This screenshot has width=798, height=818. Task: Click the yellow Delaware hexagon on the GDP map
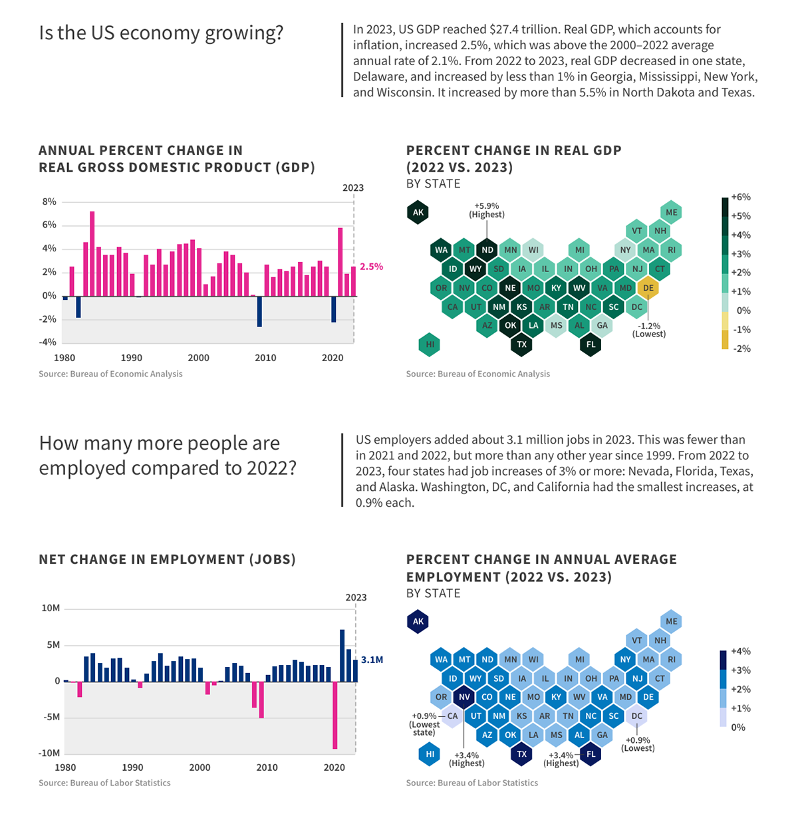648,288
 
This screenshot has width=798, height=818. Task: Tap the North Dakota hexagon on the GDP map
487,250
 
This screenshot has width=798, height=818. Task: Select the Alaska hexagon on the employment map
418,622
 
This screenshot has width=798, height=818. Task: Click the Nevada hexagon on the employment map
464,697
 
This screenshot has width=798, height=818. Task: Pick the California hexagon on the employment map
453,716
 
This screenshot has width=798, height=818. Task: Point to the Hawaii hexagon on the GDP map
430,344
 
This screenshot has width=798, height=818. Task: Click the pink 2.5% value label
371,267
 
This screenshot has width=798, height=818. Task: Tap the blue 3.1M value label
372,660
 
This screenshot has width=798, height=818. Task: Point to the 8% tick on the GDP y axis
49,202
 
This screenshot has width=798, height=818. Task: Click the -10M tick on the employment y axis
50,753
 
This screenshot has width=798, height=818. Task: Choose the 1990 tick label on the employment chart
132,767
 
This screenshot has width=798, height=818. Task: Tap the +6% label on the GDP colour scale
741,197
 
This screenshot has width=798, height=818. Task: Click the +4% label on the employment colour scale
741,651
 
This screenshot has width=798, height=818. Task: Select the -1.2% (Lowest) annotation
648,330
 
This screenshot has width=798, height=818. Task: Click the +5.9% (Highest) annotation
487,210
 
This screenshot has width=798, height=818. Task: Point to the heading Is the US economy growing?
161,33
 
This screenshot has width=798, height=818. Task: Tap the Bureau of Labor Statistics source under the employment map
471,783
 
